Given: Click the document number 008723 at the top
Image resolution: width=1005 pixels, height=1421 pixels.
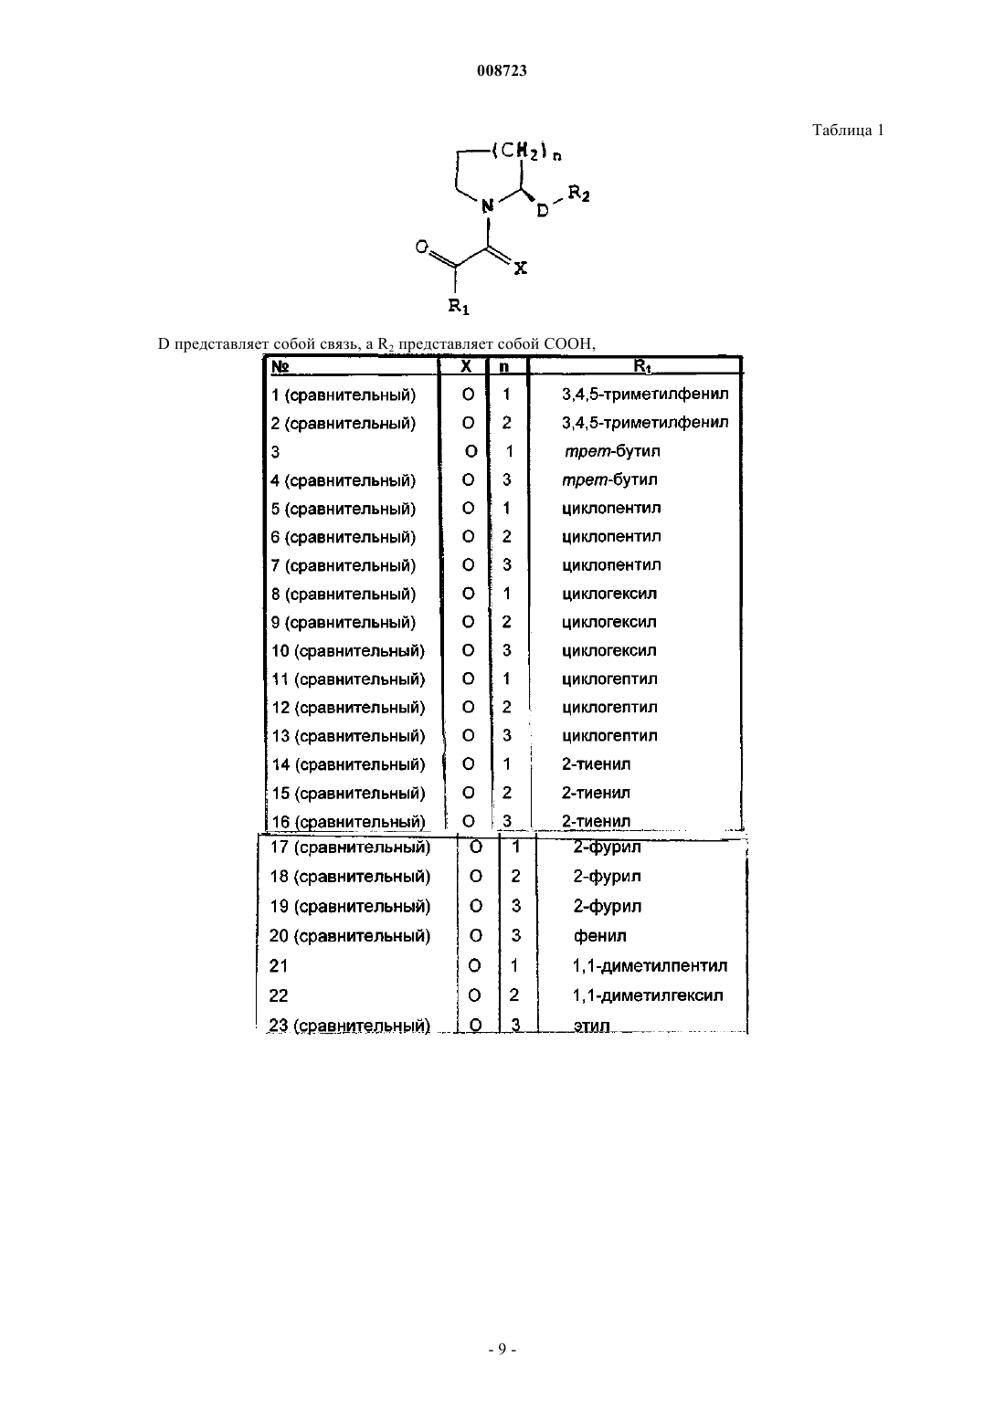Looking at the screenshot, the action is tap(502, 70).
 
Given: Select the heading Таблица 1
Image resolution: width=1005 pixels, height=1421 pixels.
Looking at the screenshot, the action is tap(848, 130).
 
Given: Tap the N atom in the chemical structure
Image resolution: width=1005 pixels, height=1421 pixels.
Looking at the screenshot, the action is tap(487, 205).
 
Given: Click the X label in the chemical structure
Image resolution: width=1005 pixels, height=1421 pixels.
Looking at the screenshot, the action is tap(520, 268).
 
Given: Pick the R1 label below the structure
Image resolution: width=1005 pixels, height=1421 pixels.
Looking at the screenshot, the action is tap(458, 307).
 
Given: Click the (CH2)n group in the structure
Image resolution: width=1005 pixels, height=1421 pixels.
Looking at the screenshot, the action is tap(526, 152).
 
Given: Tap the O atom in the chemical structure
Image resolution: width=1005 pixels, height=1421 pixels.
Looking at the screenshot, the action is tap(421, 247).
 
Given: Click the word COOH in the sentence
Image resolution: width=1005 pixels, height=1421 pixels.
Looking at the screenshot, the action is tap(568, 343).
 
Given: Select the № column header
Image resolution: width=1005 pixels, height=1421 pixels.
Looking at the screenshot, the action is tap(280, 367).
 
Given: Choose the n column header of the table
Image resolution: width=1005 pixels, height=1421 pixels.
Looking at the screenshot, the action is tap(503, 367).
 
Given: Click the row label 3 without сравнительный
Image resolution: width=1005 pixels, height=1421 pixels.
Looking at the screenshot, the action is tap(275, 452).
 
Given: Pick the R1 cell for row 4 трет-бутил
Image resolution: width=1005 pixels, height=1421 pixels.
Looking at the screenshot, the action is tap(609, 479).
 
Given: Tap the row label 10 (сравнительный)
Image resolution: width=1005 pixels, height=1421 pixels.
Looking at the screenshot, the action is tap(348, 651).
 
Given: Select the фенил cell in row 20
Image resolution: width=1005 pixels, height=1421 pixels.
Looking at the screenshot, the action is tap(599, 936).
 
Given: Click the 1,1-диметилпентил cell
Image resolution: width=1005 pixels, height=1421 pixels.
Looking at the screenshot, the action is tap(650, 966).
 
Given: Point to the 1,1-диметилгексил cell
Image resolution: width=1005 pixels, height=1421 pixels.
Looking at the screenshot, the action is tap(648, 995).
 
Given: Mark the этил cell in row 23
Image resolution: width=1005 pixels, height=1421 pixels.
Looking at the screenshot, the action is tap(591, 1026).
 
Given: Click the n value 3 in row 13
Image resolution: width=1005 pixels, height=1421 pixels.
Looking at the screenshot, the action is tap(506, 735).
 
